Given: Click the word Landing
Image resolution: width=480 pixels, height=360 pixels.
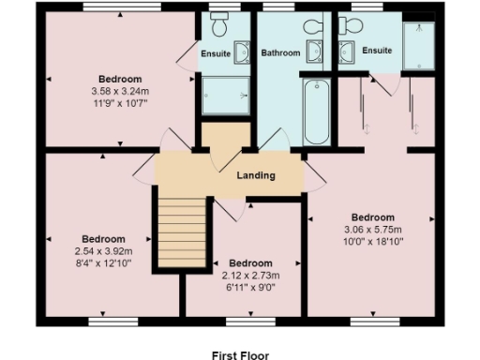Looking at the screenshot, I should [x=255, y=175].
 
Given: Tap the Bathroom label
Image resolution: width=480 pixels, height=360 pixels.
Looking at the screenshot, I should [x=279, y=53].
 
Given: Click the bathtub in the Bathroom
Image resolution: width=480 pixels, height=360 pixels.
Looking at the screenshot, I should [x=317, y=111].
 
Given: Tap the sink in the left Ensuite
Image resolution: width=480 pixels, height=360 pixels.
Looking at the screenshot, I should [x=242, y=52].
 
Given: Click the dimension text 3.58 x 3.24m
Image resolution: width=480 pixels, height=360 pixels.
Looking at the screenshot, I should [x=120, y=91].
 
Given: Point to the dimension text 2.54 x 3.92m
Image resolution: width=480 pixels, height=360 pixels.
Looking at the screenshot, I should [x=103, y=252].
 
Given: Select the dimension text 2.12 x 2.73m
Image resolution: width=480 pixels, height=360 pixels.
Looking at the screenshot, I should [x=251, y=276].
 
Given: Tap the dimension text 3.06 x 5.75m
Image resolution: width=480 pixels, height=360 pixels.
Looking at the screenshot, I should [x=372, y=230].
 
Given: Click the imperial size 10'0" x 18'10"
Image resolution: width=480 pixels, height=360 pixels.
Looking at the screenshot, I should [x=372, y=241].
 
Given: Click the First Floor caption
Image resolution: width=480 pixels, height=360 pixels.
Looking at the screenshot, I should [x=240, y=354].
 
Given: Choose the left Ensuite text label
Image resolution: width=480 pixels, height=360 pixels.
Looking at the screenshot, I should [x=216, y=53].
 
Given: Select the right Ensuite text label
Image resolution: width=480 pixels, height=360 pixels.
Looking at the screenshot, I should [x=377, y=50].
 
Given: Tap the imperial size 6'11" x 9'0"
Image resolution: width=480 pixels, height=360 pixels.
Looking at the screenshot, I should [x=251, y=287].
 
